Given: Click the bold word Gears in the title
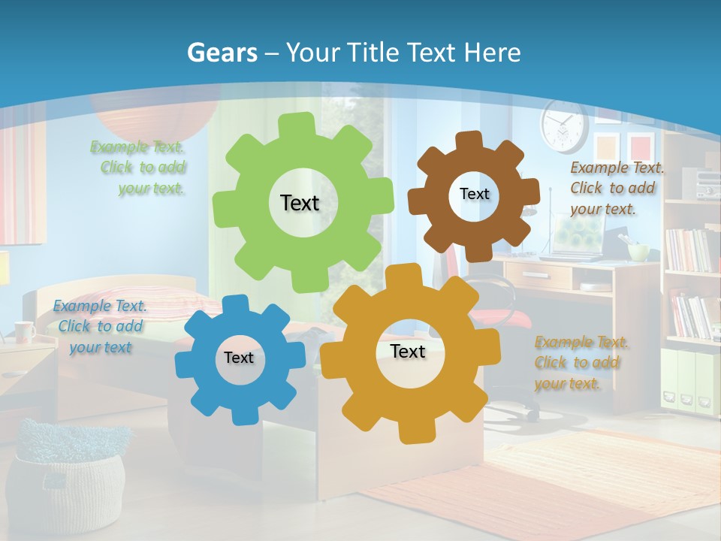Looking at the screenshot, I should pyautogui.click(x=222, y=53).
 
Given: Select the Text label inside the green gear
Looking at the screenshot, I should pyautogui.click(x=300, y=203).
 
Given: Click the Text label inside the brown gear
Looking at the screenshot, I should pyautogui.click(x=474, y=194).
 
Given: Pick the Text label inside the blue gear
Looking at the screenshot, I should pyautogui.click(x=239, y=358).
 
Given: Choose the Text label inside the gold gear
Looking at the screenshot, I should pyautogui.click(x=408, y=351).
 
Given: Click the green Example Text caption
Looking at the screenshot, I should pyautogui.click(x=138, y=168).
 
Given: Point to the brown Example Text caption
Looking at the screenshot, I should pyautogui.click(x=616, y=188).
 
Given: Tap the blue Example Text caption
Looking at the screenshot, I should pyautogui.click(x=100, y=326).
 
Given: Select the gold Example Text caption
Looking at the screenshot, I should pyautogui.click(x=581, y=363).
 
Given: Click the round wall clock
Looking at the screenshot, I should pyautogui.click(x=563, y=126).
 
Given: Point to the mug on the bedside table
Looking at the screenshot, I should pyautogui.click(x=24, y=331).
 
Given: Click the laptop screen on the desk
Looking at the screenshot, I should pyautogui.click(x=578, y=233).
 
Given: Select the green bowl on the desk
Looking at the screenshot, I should pyautogui.click(x=638, y=252).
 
